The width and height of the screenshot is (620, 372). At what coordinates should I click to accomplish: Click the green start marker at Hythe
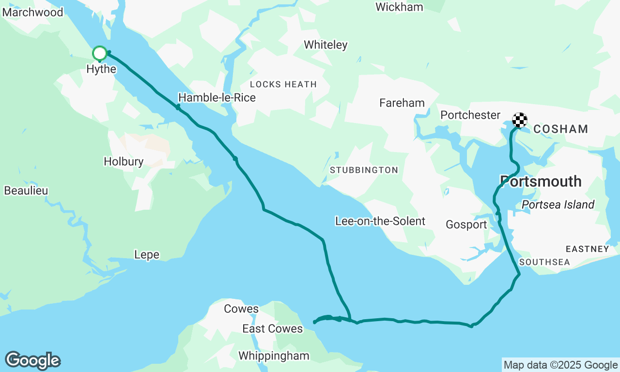click(99, 53)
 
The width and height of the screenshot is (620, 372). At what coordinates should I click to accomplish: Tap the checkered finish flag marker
click(519, 120)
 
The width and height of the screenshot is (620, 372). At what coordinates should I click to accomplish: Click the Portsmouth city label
click(541, 182)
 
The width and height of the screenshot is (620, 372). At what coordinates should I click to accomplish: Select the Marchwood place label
click(32, 12)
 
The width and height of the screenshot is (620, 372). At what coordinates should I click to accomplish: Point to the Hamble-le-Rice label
click(217, 98)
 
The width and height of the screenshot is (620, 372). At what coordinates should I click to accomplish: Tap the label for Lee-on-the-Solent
click(380, 221)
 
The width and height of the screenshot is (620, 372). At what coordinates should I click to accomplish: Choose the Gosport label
click(466, 225)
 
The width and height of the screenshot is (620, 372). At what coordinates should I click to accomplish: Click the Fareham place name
click(402, 103)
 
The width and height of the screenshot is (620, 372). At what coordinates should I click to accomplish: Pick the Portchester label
click(470, 115)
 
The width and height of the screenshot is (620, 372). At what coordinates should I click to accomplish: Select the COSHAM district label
click(560, 129)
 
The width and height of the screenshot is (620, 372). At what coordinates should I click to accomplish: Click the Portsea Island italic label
click(558, 205)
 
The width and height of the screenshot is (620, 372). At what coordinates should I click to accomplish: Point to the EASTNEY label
click(587, 249)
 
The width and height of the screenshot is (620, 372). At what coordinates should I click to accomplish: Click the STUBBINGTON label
click(364, 170)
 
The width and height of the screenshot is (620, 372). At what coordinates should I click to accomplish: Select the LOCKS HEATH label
click(283, 84)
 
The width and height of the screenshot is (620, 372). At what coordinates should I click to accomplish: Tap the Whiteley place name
click(325, 45)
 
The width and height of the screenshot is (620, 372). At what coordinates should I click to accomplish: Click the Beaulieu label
click(26, 191)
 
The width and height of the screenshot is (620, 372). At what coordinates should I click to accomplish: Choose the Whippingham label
click(274, 356)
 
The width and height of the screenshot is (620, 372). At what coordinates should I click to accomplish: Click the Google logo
click(32, 361)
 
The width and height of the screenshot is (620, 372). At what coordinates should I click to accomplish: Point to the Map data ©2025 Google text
click(560, 365)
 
